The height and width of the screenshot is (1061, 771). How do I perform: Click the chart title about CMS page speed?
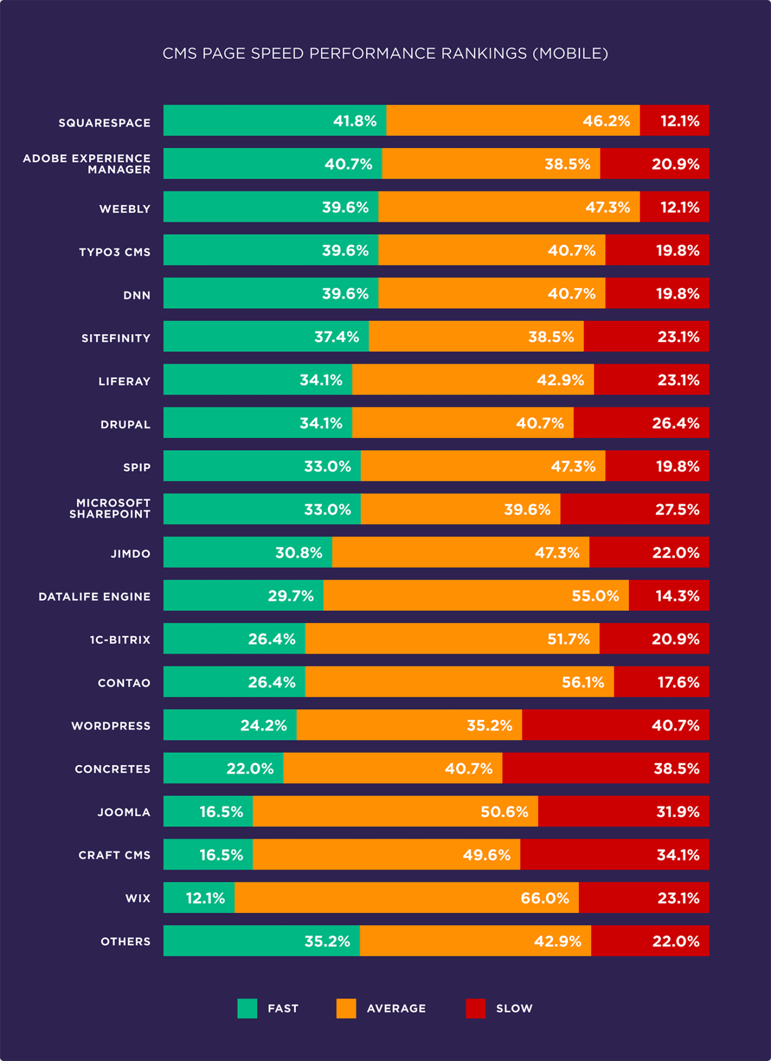[x=385, y=54]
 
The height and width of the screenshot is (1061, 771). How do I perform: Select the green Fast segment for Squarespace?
[x=274, y=120]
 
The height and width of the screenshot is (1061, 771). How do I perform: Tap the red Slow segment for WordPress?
[x=614, y=725]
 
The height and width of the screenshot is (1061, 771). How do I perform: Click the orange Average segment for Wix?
[x=407, y=898]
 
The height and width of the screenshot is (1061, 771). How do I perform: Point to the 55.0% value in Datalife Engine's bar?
[x=595, y=596]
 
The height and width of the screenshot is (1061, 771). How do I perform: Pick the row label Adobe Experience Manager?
[x=87, y=164]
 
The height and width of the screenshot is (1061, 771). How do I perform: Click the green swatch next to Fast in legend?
[x=247, y=1008]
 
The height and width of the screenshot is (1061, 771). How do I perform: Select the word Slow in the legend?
[x=514, y=1009]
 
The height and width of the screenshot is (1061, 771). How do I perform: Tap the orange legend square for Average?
[x=346, y=1008]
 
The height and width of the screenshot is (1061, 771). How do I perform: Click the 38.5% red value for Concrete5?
[x=676, y=768]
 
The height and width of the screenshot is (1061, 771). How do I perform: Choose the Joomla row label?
[x=124, y=812]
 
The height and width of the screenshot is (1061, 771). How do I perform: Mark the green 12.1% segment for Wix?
[x=199, y=898]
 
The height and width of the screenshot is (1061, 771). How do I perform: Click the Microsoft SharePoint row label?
[x=110, y=509]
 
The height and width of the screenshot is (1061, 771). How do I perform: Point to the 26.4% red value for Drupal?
[x=675, y=423]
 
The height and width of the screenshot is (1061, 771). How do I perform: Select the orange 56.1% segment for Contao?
[x=459, y=682]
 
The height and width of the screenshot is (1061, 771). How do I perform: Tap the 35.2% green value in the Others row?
[x=327, y=941]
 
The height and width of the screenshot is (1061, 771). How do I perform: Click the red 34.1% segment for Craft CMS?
[x=614, y=854]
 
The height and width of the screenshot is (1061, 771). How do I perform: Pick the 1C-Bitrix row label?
[x=120, y=640]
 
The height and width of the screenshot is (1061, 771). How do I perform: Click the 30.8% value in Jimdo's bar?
[x=299, y=552]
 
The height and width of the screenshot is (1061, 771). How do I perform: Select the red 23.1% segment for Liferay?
[x=651, y=380]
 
